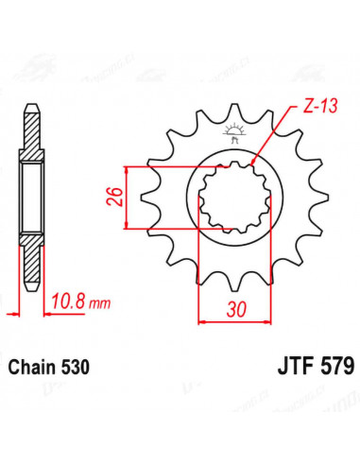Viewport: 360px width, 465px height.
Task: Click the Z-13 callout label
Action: [x=320, y=106]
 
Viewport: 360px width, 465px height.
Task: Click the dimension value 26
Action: [x=115, y=197]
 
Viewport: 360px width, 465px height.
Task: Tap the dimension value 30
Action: [x=236, y=310]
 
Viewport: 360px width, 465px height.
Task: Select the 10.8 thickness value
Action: [x=68, y=301]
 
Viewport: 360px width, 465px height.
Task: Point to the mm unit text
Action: [x=99, y=303]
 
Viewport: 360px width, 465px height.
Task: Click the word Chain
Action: [x=32, y=368]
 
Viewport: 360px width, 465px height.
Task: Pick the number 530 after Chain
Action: [x=76, y=368]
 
